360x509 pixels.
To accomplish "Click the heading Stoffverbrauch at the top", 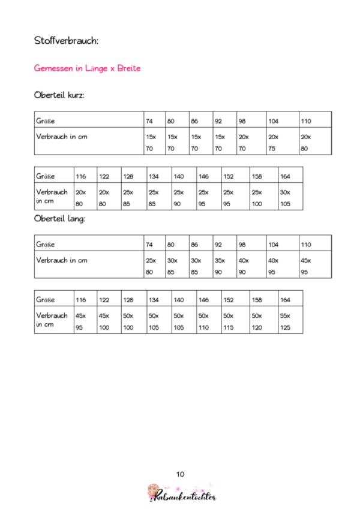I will pos(67,41).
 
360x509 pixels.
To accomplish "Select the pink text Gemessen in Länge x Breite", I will pos(88,68).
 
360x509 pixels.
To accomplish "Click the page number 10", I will pos(180,474).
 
